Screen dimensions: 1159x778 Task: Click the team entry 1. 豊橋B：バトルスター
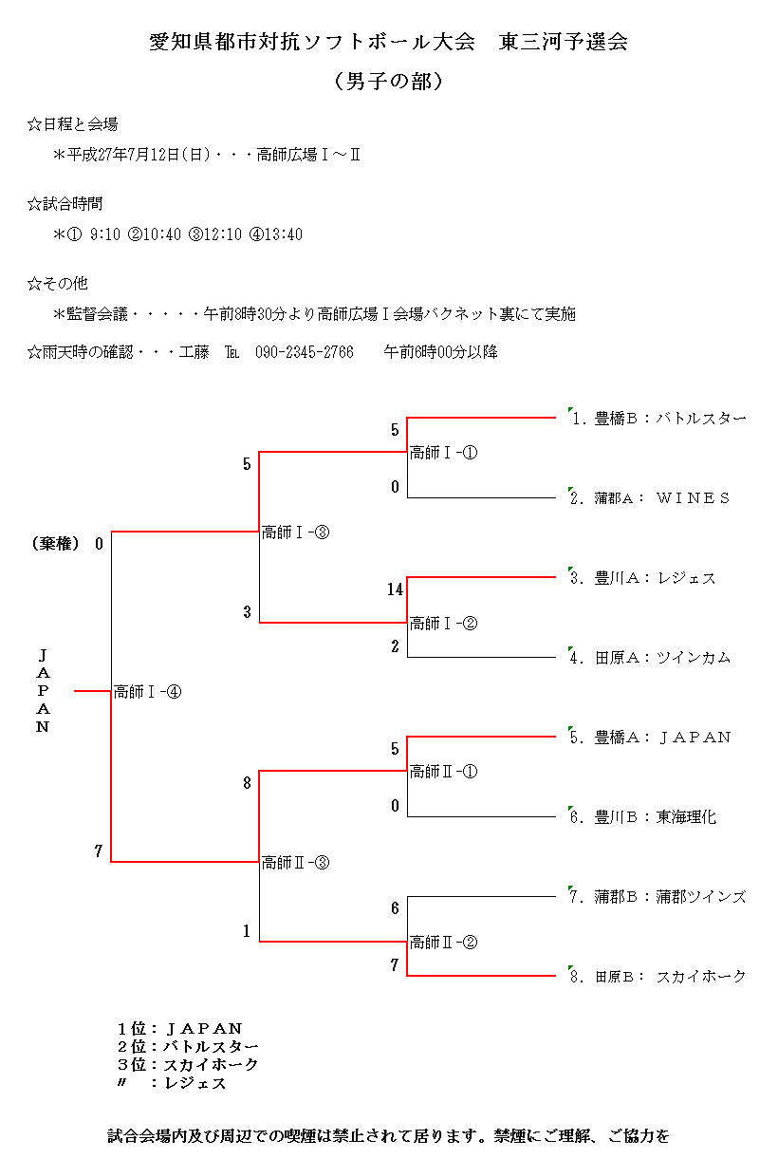(658, 418)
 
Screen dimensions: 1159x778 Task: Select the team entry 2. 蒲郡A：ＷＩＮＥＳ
(650, 497)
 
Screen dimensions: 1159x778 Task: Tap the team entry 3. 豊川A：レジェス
(642, 577)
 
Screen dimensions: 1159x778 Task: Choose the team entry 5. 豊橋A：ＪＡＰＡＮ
(650, 737)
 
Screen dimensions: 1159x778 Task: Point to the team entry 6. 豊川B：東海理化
(642, 816)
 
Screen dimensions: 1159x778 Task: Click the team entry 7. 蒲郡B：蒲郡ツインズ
(658, 896)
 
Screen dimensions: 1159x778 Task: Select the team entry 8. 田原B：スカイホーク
(658, 976)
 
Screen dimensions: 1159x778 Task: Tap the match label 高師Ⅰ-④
(147, 692)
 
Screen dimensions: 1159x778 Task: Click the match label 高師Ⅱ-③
(295, 863)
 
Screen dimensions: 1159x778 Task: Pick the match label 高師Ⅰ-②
(443, 624)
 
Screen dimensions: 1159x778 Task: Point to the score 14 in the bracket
(395, 589)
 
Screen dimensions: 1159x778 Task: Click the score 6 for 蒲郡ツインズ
(395, 908)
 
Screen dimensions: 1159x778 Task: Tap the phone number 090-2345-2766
(305, 352)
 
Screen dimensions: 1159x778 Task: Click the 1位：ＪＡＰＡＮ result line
(180, 1028)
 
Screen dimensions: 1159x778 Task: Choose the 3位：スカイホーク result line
(188, 1064)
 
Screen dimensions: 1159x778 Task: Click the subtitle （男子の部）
(389, 82)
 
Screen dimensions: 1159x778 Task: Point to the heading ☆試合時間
(65, 204)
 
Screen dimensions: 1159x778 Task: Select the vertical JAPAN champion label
(43, 691)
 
